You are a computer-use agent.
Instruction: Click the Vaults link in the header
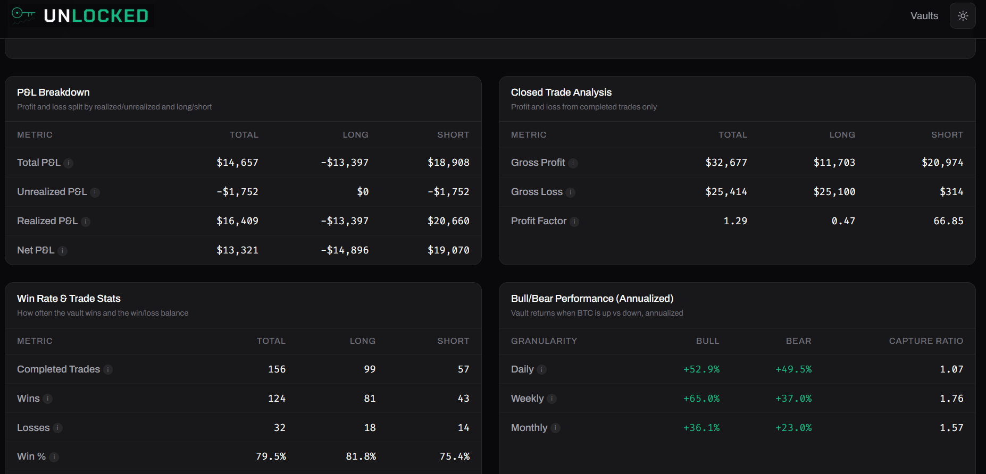tap(924, 16)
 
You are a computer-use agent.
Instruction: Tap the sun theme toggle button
tap(963, 16)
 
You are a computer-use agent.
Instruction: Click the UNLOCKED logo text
tap(96, 16)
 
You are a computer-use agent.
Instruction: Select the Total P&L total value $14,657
tap(237, 163)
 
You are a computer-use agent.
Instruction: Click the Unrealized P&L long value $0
tap(363, 192)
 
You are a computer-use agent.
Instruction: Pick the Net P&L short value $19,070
tap(448, 250)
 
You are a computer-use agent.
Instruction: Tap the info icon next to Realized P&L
tap(86, 222)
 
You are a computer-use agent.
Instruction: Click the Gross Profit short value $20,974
tap(942, 163)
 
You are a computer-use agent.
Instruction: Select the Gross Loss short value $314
tap(951, 192)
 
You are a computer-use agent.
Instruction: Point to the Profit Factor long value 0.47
tap(843, 221)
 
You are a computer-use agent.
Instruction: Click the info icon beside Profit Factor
tap(574, 222)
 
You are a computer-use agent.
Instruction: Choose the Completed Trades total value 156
tap(277, 369)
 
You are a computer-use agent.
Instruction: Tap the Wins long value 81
tap(370, 399)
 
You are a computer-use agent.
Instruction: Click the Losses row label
tap(33, 428)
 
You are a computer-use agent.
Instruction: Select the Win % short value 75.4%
tap(454, 456)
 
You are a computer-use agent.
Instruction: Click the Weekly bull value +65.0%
tap(701, 399)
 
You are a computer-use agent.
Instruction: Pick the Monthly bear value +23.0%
tap(793, 428)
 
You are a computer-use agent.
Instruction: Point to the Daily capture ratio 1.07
tap(951, 369)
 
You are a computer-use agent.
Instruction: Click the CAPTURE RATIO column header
tap(925, 341)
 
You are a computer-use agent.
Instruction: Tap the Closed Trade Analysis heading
tap(561, 92)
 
